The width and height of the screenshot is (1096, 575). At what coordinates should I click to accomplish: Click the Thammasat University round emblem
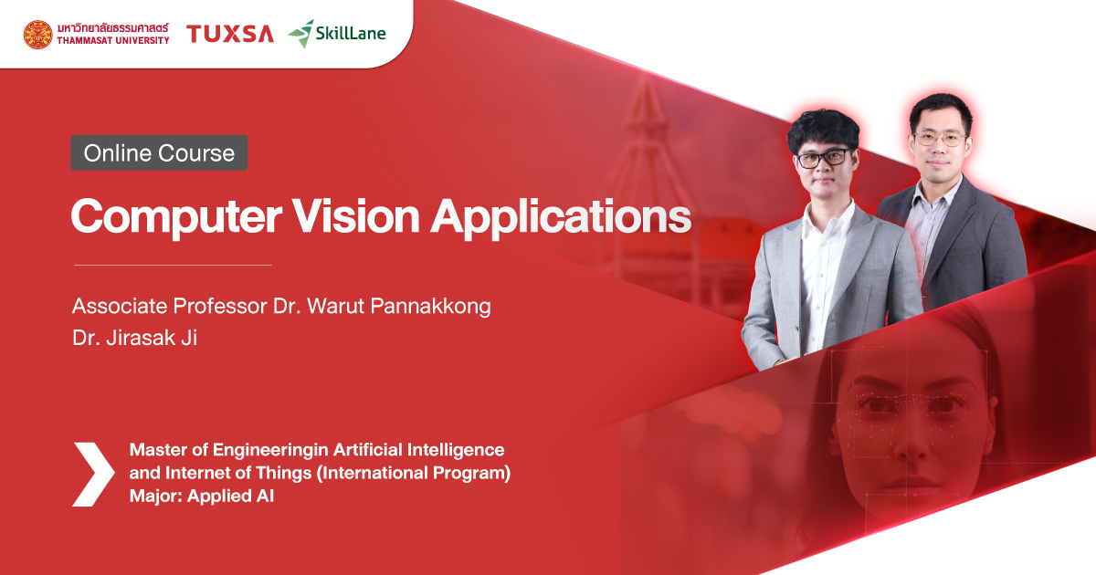coord(37,34)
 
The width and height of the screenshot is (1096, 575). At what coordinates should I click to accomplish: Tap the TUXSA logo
coord(229,34)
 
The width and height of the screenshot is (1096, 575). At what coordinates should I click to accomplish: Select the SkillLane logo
coord(337,34)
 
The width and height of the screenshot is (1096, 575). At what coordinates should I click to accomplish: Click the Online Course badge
coord(159,153)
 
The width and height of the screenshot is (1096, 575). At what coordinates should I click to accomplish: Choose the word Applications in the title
coord(561,216)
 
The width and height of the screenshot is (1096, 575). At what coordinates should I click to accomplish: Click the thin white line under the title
coord(173,265)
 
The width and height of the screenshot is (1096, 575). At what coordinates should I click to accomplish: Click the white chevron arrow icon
coord(93,474)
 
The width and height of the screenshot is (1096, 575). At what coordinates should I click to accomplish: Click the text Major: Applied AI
coord(202,497)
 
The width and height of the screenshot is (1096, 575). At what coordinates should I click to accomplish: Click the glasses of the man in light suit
coord(823,157)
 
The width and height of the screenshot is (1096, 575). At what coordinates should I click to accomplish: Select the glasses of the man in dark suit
coord(938,140)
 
